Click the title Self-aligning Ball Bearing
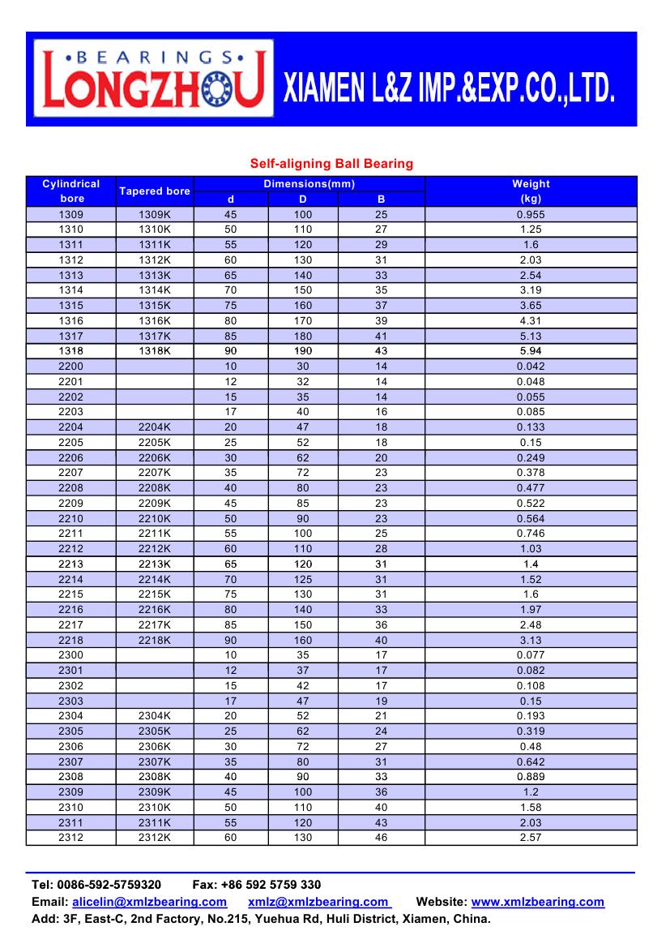[x=331, y=164]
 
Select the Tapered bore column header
[x=155, y=191]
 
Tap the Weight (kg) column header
[x=531, y=191]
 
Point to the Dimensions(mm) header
[x=309, y=184]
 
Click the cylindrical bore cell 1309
[x=71, y=215]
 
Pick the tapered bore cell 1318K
[x=155, y=351]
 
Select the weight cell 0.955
[x=531, y=215]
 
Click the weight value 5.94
[x=531, y=351]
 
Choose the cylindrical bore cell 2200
[x=71, y=367]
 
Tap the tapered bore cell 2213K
[x=155, y=564]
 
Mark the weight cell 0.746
[x=531, y=534]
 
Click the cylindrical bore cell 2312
[x=71, y=838]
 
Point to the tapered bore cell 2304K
[x=155, y=716]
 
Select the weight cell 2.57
[x=531, y=838]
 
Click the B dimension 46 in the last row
[x=382, y=838]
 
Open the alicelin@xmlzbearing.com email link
[x=149, y=902]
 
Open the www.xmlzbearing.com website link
[x=537, y=902]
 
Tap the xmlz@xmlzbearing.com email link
[x=318, y=902]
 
